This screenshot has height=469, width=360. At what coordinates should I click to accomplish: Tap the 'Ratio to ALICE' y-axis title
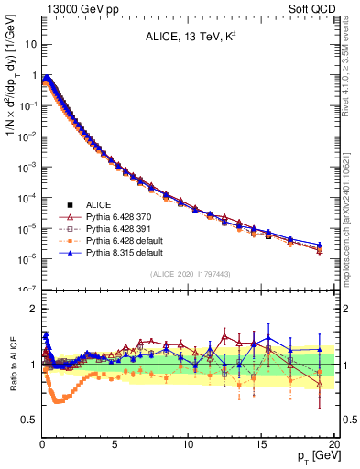13,365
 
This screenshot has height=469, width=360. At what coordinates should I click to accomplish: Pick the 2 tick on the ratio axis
33,310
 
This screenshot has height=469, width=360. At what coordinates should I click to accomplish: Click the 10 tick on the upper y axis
30,44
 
